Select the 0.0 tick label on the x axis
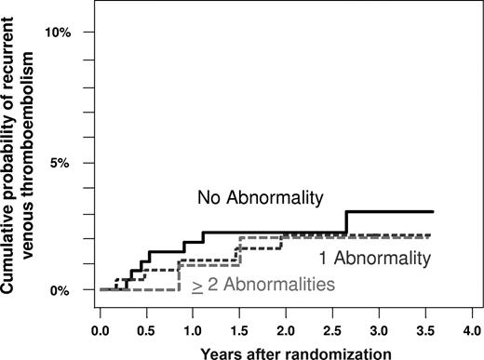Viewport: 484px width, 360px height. [x=101, y=329]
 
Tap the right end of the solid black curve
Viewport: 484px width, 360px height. [x=431, y=212]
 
